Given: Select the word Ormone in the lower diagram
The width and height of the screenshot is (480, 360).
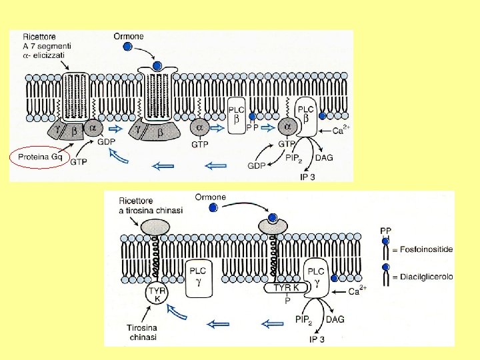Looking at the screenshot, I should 211,197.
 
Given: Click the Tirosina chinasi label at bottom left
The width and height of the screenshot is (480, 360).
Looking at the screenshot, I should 144,332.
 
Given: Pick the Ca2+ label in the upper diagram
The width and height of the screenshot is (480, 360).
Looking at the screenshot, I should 341,131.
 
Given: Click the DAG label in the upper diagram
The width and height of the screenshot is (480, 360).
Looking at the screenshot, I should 324,157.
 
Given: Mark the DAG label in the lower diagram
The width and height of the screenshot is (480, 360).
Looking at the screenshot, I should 335,319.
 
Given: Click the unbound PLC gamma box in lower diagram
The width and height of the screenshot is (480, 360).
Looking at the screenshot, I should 198,277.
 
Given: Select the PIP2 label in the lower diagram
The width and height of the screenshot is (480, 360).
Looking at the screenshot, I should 303,320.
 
